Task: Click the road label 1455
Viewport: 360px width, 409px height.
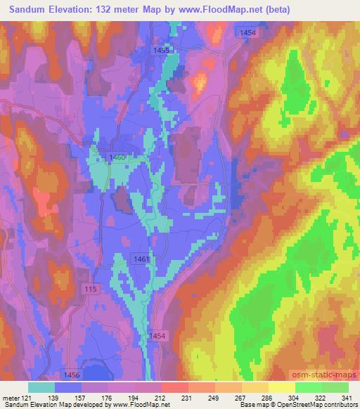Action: click(x=162, y=50)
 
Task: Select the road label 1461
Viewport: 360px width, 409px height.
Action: click(x=141, y=259)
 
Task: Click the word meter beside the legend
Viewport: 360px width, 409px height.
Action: click(x=13, y=397)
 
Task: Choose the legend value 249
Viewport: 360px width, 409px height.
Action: click(x=216, y=397)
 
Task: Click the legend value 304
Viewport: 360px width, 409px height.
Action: click(x=296, y=397)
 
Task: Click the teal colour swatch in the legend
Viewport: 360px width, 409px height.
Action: click(x=41, y=387)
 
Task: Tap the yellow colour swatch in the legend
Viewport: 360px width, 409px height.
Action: click(x=282, y=387)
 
